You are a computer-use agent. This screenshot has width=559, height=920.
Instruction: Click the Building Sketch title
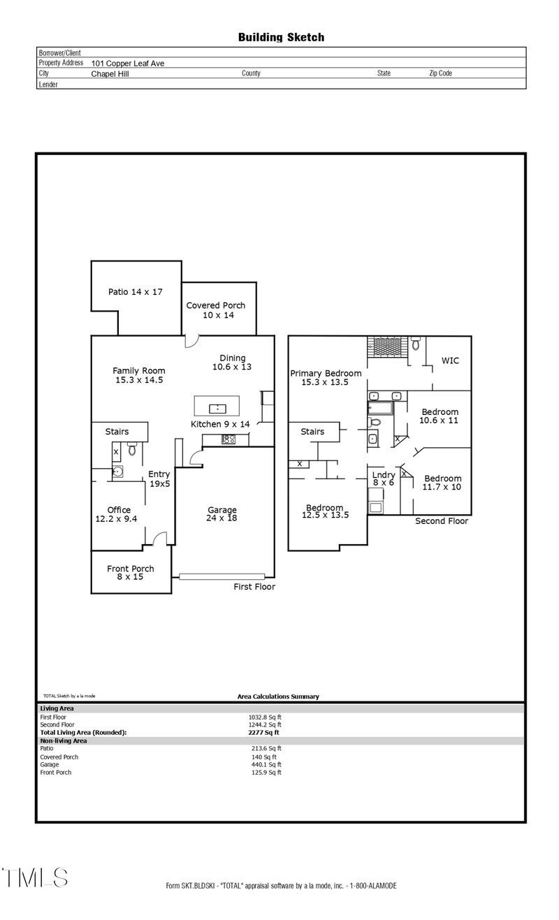[281, 37]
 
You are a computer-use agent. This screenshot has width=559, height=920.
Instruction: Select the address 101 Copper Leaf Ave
[128, 63]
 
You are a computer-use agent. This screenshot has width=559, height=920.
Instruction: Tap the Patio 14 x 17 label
[135, 291]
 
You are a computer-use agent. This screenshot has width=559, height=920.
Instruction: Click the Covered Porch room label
[216, 310]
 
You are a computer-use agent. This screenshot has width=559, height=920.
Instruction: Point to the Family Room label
[140, 375]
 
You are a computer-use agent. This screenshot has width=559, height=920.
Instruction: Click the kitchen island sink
[217, 407]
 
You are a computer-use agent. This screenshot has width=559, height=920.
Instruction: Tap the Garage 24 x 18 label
[222, 514]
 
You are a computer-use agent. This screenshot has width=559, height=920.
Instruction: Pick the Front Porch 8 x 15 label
[131, 573]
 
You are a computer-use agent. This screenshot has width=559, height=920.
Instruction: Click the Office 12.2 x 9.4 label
[119, 515]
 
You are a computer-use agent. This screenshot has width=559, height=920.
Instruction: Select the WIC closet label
[449, 360]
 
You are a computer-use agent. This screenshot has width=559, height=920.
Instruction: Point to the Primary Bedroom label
[326, 377]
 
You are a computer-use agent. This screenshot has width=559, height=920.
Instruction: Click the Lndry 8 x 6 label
[383, 479]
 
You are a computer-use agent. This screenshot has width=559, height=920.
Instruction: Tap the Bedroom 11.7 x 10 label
[442, 483]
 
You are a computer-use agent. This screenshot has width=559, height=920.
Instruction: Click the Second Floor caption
[442, 521]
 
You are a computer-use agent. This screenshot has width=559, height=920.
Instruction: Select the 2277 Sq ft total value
[263, 732]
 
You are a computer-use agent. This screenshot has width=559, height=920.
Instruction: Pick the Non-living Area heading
[64, 740]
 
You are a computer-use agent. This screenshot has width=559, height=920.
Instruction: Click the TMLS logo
[34, 877]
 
